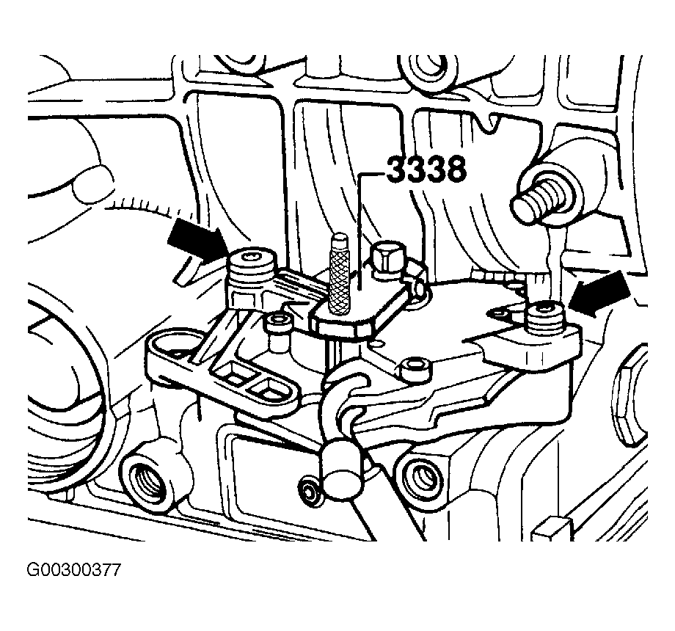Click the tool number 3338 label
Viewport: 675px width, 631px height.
click(x=426, y=169)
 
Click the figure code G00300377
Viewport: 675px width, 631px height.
click(x=74, y=570)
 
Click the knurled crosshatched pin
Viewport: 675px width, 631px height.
click(x=338, y=273)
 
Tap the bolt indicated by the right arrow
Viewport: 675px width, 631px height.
click(x=545, y=319)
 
